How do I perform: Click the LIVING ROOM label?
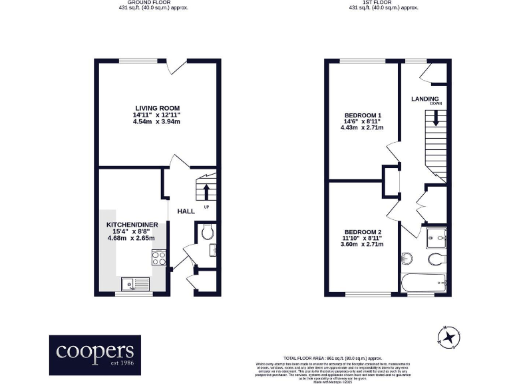[157, 108]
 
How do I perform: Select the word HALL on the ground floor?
[186, 211]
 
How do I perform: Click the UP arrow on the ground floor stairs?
[206, 192]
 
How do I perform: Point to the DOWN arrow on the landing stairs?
[436, 119]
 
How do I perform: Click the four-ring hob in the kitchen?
[159, 257]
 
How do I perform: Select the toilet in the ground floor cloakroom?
[207, 231]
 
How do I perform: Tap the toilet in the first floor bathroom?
[436, 259]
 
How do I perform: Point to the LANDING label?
[424, 99]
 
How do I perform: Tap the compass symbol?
[450, 337]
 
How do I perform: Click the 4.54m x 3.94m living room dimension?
[157, 122]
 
